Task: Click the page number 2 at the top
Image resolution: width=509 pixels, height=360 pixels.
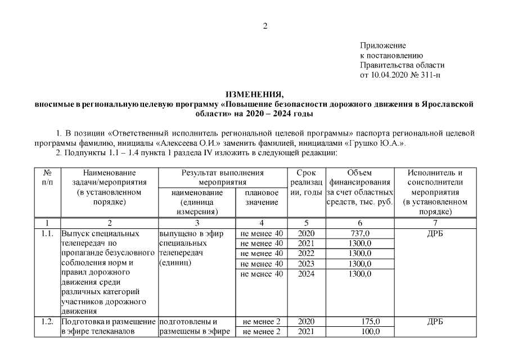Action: point(265,25)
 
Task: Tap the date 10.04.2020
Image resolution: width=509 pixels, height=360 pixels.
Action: point(390,74)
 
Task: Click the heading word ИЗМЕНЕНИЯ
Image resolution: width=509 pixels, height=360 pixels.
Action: point(255,94)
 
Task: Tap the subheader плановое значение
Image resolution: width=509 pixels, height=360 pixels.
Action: point(261,197)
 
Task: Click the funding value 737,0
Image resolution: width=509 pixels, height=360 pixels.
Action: point(360,233)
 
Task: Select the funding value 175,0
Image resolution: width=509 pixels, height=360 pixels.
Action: point(371,322)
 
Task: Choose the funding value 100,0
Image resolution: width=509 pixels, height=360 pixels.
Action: point(371,332)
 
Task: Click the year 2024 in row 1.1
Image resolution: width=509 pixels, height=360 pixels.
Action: point(306,274)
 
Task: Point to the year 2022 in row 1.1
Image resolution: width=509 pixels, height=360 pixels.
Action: point(306,254)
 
